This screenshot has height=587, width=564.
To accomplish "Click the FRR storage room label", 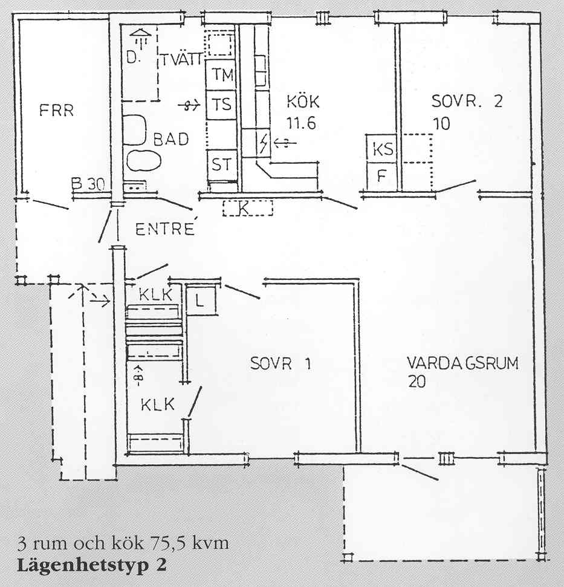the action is (x=56, y=111).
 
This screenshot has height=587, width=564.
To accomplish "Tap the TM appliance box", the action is (x=221, y=74).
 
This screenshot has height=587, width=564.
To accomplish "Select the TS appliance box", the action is (x=221, y=105).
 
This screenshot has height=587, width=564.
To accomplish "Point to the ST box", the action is (x=222, y=164).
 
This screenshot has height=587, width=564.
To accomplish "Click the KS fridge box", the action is (x=381, y=149).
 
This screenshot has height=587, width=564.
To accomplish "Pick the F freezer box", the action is (x=381, y=176).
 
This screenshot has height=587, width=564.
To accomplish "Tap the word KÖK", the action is (x=303, y=102).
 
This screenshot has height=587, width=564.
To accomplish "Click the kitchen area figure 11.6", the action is (x=301, y=123).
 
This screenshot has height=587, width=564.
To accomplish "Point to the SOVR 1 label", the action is (x=280, y=363).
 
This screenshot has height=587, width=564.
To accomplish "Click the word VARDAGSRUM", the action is (x=462, y=363).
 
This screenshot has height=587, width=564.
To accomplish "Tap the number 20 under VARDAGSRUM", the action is (x=417, y=382).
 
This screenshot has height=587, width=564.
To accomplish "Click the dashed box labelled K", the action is (x=247, y=208).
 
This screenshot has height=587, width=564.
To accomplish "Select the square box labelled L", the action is (x=201, y=300).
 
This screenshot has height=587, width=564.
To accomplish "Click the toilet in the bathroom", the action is (x=134, y=129).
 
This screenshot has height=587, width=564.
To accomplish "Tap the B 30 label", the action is (x=88, y=184).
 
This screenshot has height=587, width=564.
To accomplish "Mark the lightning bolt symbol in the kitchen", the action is (x=264, y=143).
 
